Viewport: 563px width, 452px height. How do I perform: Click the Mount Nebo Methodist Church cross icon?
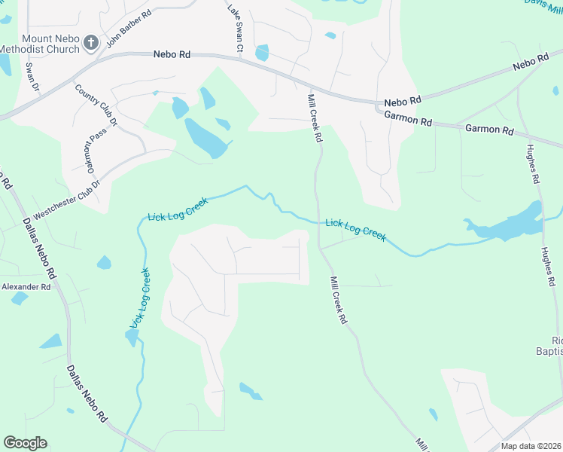coord(90,42)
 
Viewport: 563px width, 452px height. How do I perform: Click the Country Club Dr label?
coord(97,105)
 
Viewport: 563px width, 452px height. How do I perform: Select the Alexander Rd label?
coord(26,287)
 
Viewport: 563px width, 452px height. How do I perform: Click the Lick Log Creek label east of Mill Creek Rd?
coord(356,230)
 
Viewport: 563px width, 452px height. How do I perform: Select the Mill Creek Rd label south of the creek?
coord(338,299)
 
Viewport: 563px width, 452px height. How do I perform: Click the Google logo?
coord(25,443)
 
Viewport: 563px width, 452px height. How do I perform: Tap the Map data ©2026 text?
coord(531,446)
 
